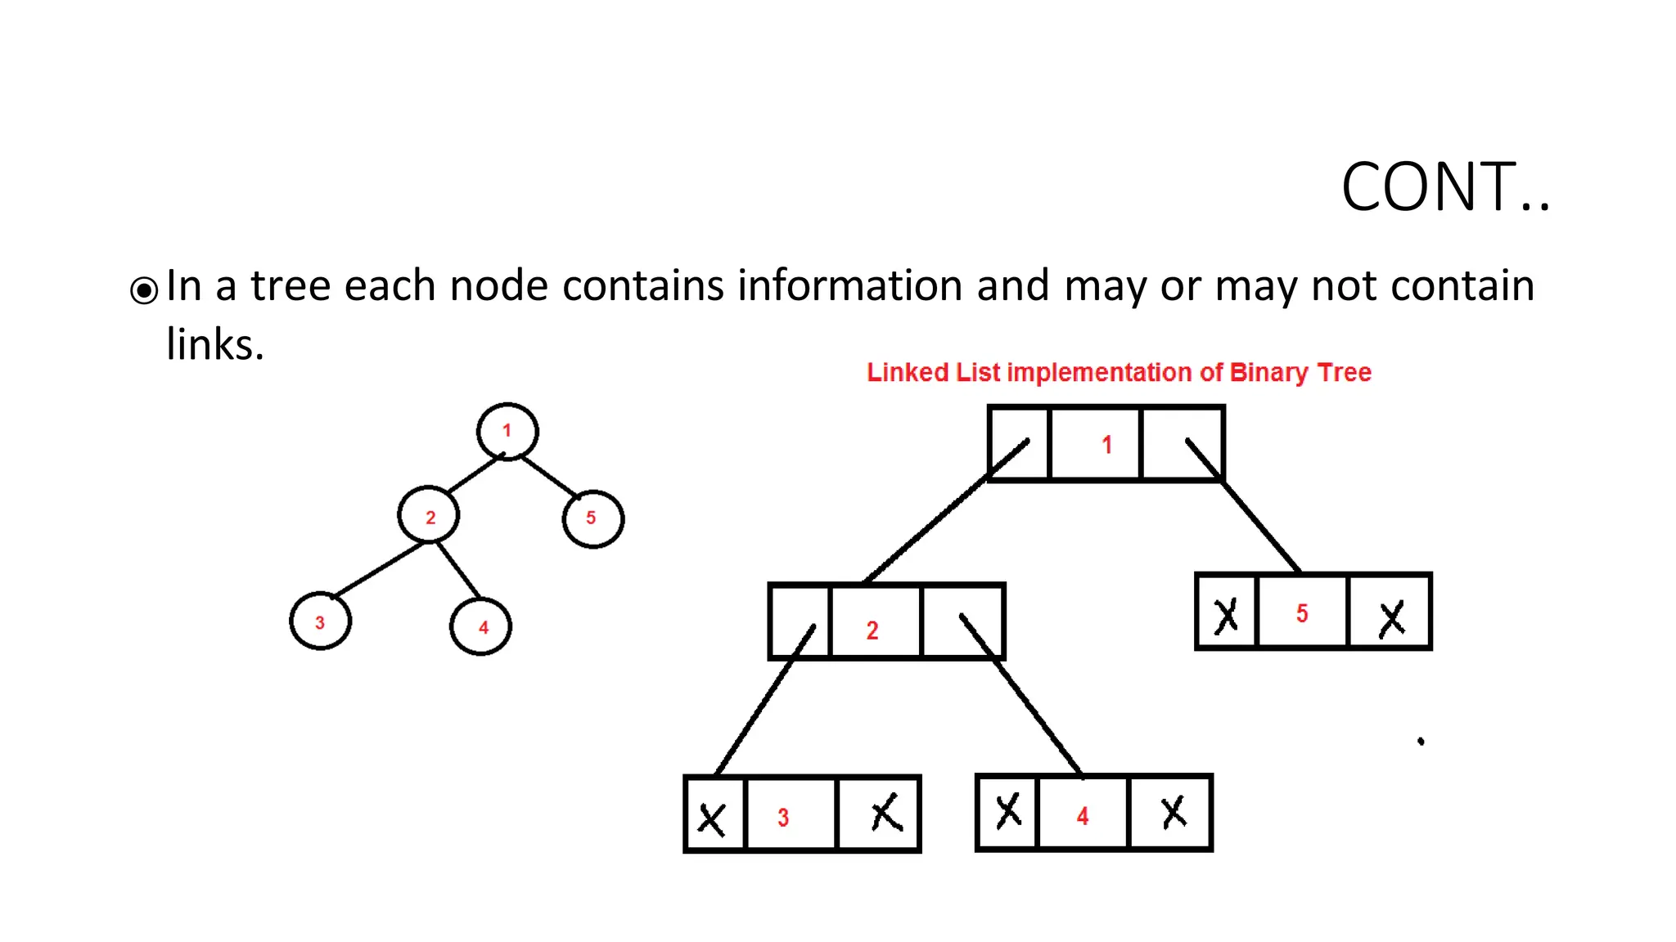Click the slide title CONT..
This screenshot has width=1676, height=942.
coord(1444,187)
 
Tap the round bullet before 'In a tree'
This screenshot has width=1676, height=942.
coord(144,289)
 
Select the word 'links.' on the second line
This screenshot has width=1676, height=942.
coord(215,344)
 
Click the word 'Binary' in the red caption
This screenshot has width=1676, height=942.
coord(1268,373)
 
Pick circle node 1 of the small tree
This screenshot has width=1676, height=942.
coord(507,431)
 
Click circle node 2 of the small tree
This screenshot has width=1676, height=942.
coord(429,516)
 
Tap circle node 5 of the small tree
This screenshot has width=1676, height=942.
coord(592,518)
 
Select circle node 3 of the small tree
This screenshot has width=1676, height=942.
coord(320,621)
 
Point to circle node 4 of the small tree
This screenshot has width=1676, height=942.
coord(481,626)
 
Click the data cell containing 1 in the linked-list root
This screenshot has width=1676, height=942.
coord(1095,444)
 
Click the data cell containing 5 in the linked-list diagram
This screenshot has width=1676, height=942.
coord(1302,612)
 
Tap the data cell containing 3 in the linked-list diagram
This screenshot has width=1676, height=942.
coord(790,815)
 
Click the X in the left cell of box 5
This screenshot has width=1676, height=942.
coord(1225,616)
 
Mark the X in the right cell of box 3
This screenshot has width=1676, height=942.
coord(885,814)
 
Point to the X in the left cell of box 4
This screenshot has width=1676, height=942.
coord(1007,811)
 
